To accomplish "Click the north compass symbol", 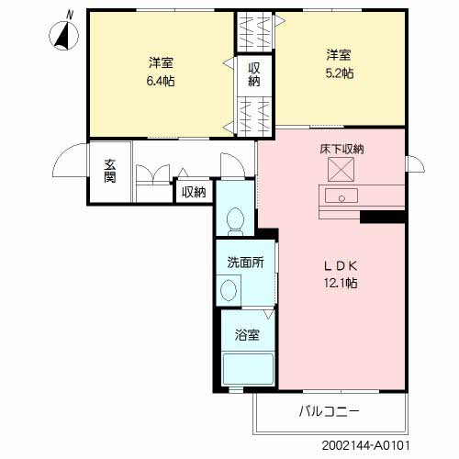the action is pos(63,34).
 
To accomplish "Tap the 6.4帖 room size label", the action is pos(161,81).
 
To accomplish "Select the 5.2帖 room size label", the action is pos(340,73).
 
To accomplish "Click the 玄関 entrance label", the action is pos(110,171).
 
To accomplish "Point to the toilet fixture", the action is pos(235,221).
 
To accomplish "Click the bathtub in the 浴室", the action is pos(248,369).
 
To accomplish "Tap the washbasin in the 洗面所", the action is pos(229,290).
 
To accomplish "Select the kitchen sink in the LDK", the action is pos(341,196).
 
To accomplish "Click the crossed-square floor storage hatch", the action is pos(341,169).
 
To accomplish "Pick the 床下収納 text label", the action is pos(341,149).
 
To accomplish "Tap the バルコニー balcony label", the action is pos(329,411).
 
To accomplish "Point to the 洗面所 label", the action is pos(245,263).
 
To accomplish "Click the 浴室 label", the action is pos(247,335).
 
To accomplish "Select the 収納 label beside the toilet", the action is pos(194,192).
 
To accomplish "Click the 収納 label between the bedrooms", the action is pos(254,74).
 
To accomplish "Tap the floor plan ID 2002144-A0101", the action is pos(365,445).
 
